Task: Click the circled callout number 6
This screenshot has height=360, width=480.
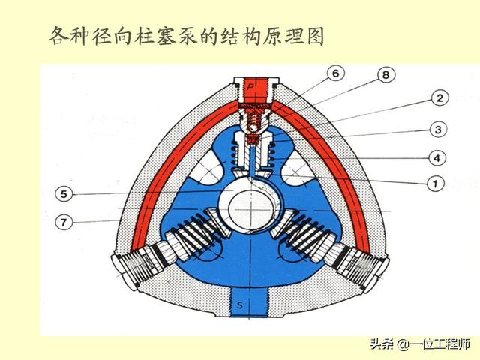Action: click(335, 73)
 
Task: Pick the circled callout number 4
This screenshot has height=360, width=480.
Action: click(435, 158)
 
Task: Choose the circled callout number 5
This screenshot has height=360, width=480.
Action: click(64, 193)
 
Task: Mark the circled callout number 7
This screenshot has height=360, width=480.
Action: click(64, 222)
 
